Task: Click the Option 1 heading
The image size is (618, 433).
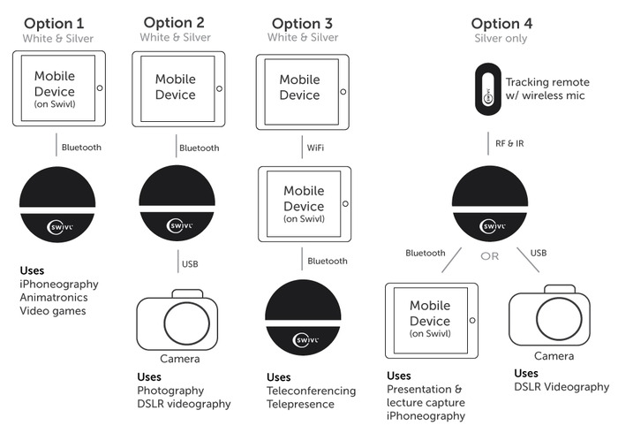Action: (54, 24)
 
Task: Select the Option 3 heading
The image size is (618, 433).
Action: (302, 24)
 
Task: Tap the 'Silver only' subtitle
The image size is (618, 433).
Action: (501, 38)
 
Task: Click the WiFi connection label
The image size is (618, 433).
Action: (315, 148)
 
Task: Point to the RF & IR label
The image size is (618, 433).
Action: (509, 143)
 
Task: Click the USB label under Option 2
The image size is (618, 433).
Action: (190, 264)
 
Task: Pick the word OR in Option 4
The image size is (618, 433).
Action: (489, 256)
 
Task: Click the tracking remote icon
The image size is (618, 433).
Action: (488, 89)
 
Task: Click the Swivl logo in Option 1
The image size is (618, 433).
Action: (59, 227)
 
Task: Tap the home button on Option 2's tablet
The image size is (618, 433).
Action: (220, 88)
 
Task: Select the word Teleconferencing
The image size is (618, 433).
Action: (311, 391)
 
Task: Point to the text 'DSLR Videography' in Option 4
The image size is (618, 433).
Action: (561, 387)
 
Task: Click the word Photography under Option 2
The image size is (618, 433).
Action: (170, 391)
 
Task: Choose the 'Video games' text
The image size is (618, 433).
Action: (53, 311)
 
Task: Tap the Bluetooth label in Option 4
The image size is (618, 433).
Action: (426, 254)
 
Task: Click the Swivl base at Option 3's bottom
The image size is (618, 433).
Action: (303, 317)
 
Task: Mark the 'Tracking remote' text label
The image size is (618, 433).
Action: (547, 82)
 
